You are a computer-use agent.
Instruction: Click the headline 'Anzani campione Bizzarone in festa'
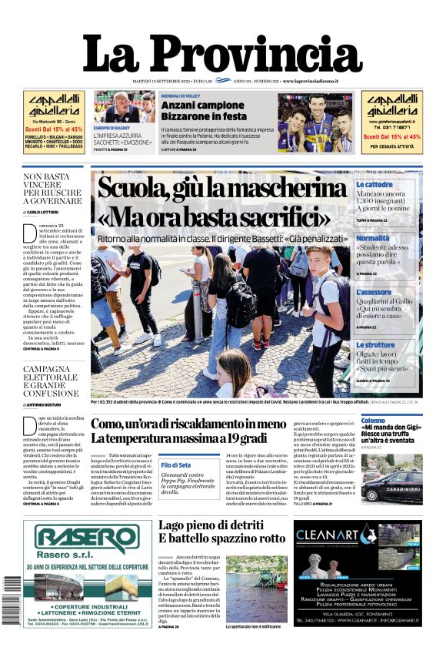pos(202,110)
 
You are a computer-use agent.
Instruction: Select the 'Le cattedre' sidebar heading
pos(374,185)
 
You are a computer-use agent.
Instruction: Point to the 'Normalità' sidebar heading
pos(373,239)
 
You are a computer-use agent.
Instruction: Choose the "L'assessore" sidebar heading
pos(374,292)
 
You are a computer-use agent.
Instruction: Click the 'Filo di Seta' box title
pos(176,465)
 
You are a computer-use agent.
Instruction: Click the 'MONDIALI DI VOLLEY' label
pos(181,96)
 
